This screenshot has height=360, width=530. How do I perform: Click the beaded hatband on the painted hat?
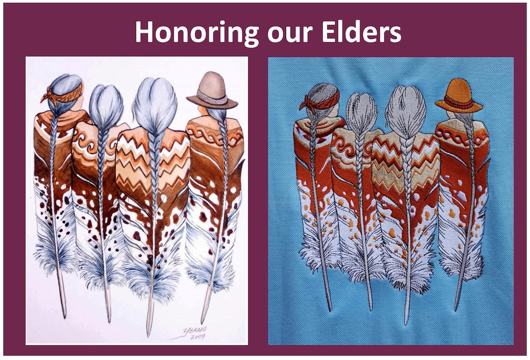tap(212, 97)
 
